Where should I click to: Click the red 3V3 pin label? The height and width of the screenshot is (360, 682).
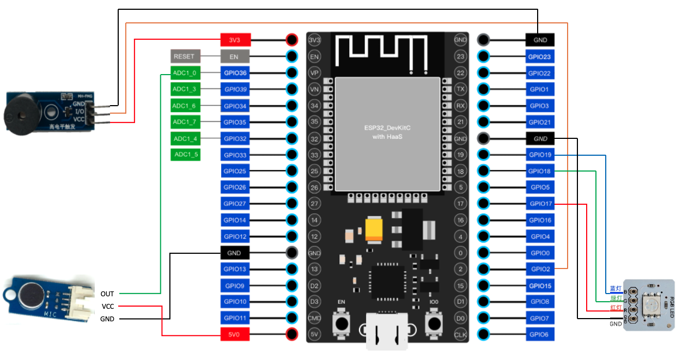click(x=235, y=40)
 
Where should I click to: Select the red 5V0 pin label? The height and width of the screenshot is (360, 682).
click(x=235, y=334)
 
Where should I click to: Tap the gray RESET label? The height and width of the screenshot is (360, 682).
click(x=184, y=56)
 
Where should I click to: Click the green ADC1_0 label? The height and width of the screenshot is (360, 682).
click(x=185, y=72)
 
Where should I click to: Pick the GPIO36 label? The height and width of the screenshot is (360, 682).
click(x=235, y=72)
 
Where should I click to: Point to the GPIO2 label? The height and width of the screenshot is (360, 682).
click(x=540, y=269)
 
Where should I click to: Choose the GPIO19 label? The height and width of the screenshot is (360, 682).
click(x=540, y=155)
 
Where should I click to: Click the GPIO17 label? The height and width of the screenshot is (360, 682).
click(x=540, y=204)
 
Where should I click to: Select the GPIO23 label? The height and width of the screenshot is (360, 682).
click(x=540, y=56)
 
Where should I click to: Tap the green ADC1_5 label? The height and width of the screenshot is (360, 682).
click(x=185, y=155)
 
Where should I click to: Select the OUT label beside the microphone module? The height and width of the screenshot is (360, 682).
click(x=107, y=294)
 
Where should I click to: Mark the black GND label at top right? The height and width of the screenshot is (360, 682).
click(x=540, y=40)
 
